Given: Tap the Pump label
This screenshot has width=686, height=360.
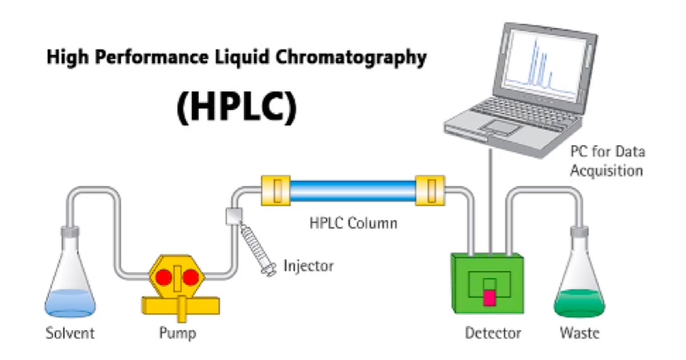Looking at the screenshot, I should coord(177,332).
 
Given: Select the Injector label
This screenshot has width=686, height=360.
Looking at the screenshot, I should coord(308,266).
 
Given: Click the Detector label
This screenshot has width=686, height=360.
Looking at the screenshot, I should coord(487,332).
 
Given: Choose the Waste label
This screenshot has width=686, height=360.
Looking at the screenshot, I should coord(578,332).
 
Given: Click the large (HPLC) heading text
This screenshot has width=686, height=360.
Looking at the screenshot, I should coord(236,109).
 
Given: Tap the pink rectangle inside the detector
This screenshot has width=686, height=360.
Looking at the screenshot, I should coord(490,295).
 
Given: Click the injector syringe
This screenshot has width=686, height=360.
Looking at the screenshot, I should coord(256,247).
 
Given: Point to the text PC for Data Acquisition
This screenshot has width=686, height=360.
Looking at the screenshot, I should coord(607,161).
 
